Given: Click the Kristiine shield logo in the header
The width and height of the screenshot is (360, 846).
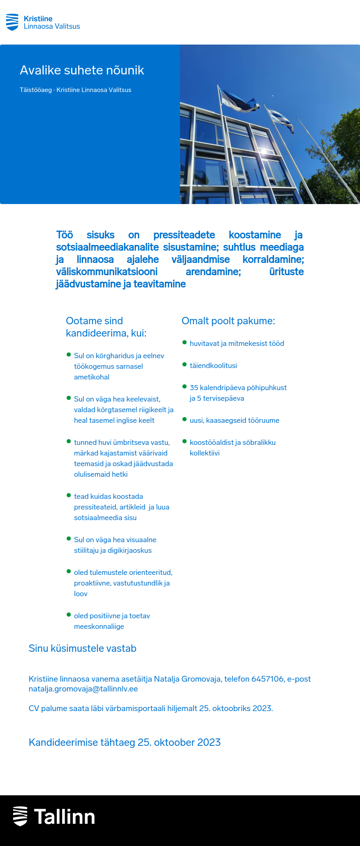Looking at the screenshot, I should point(12,22).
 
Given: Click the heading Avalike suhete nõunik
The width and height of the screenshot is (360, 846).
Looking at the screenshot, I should point(82,70).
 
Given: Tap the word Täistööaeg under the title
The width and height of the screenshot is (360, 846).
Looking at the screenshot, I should point(36,90).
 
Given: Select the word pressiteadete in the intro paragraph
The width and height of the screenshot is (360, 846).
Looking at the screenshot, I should point(184,235).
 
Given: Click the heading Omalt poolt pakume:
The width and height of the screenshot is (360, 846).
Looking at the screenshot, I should point(228,321).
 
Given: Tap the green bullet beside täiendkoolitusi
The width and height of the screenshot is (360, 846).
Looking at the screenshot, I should point(184,364).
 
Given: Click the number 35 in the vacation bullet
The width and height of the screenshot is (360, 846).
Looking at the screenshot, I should point(194,388).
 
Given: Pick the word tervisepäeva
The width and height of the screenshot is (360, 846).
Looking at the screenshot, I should point(223,398).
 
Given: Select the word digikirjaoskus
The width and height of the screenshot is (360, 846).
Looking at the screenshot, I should point(130,550).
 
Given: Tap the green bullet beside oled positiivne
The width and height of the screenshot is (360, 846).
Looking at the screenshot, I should point(69,615).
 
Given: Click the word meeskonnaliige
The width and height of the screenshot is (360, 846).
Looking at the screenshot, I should point(99,626).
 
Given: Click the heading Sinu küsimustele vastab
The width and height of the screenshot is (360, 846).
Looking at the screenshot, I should point(83,649).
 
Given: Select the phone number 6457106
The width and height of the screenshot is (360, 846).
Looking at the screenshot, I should point(268,679).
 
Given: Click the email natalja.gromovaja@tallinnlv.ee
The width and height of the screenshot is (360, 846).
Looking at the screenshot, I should point(83,689).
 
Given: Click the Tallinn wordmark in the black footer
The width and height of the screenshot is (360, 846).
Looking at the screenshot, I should point(65,817).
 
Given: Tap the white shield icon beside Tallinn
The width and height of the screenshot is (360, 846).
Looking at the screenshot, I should point(20,816).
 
